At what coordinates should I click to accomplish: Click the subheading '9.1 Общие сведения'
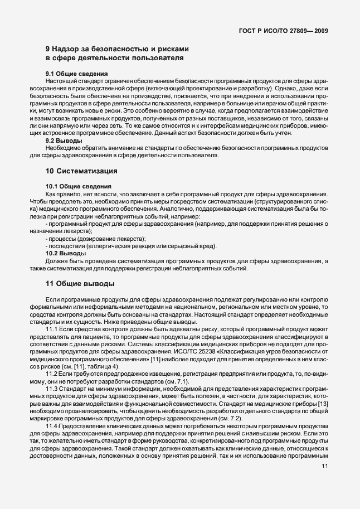click(x=76, y=74)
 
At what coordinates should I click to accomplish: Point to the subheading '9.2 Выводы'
click(x=64, y=140)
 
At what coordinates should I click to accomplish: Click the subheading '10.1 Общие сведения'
click(x=78, y=186)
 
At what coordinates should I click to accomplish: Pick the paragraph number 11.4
click(x=52, y=425)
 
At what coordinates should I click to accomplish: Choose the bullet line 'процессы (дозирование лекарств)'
click(x=93, y=238)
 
